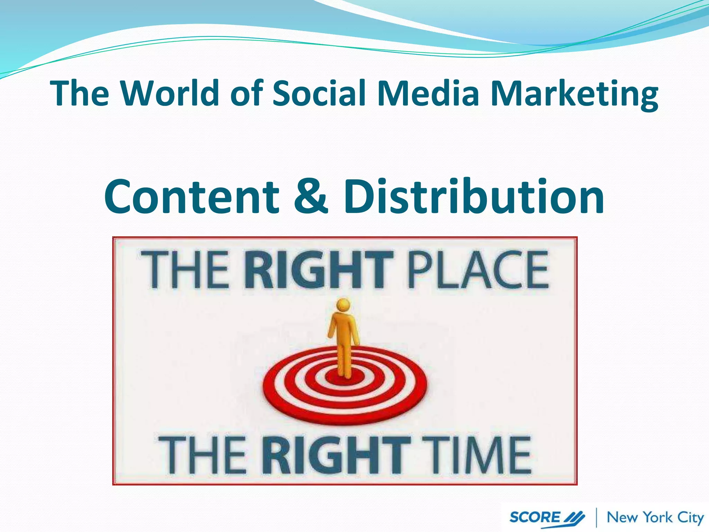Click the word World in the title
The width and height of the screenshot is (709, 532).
[170, 93]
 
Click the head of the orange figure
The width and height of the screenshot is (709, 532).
[343, 305]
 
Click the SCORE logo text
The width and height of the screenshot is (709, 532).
[535, 517]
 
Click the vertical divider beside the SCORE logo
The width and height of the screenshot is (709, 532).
[596, 517]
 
